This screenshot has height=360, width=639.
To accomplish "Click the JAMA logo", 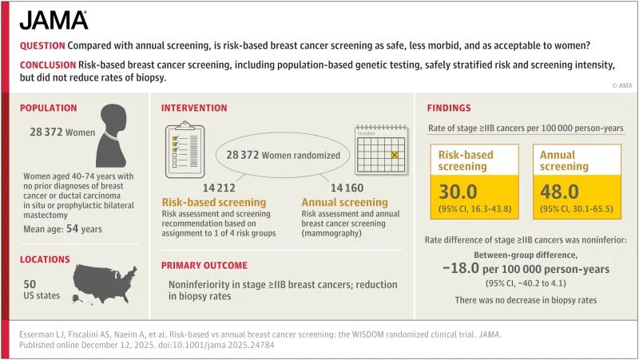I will tap(54, 20).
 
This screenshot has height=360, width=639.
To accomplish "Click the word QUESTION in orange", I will tap(42, 46).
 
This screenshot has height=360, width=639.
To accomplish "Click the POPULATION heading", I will tap(49, 108).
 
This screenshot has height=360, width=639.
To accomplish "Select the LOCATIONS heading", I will tap(46, 259).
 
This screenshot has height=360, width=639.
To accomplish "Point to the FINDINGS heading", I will tap(449, 108).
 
